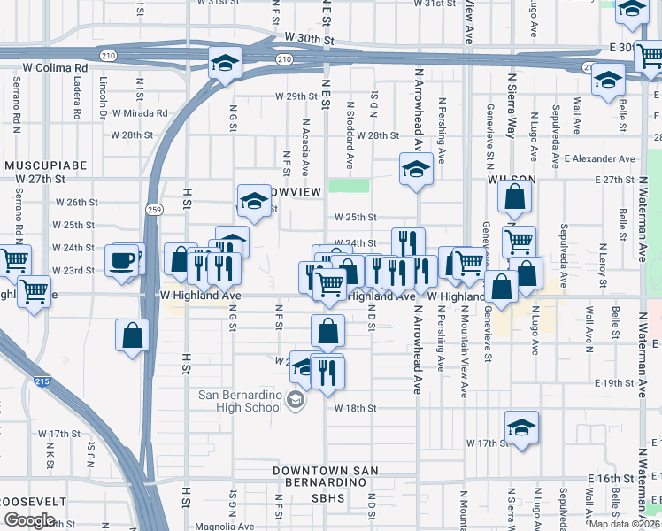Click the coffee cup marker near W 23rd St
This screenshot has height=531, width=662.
point(122,261)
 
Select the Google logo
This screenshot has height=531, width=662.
point(29,520)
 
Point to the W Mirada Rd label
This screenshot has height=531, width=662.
point(137,112)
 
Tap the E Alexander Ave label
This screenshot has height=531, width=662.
point(601,159)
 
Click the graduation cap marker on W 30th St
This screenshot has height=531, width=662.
point(225,64)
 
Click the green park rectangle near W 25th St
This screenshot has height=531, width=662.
point(349,186)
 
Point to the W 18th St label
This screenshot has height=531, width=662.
point(356,408)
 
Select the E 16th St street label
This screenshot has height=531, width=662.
point(611,478)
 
